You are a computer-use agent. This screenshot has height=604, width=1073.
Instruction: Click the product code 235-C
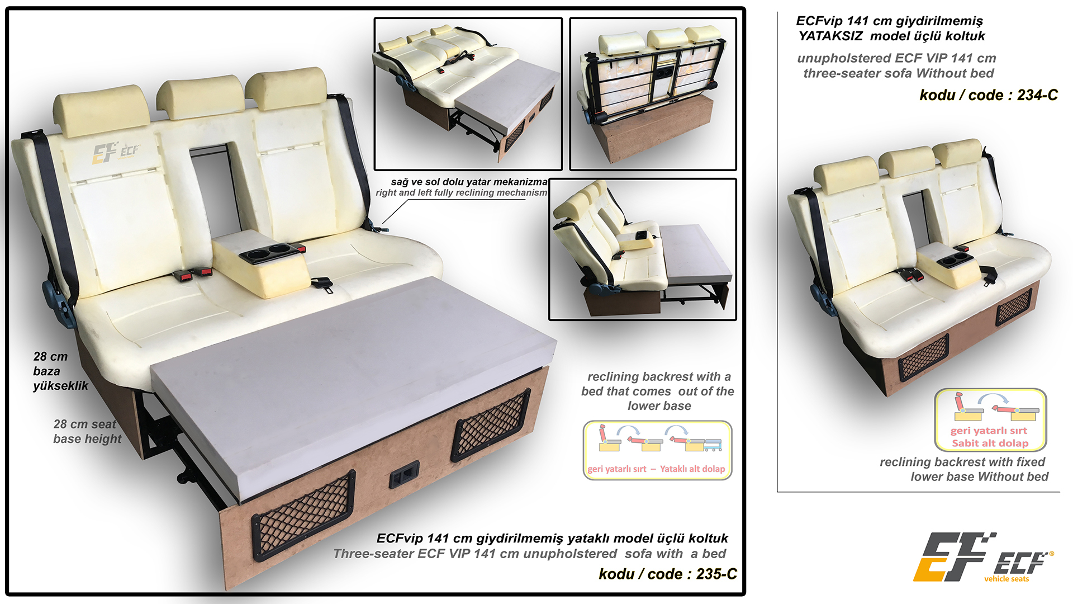click(716, 574)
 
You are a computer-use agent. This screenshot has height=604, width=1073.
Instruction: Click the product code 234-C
click(1037, 95)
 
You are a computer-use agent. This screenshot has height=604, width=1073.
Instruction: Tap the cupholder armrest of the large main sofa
click(261, 263)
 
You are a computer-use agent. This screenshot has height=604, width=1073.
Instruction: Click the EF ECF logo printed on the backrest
click(116, 153)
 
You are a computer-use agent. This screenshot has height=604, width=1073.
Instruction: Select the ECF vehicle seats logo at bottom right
click(984, 558)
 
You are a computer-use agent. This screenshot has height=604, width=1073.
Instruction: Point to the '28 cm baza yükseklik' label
click(60, 371)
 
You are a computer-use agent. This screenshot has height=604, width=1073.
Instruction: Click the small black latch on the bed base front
click(404, 475)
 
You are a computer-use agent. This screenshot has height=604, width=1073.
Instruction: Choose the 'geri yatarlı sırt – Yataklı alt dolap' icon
click(657, 450)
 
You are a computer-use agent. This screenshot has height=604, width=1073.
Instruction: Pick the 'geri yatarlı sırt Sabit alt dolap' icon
click(990, 419)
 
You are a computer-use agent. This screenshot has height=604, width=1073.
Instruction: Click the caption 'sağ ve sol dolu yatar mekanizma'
click(469, 182)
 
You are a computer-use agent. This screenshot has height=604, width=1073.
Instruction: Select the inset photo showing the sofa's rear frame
click(653, 94)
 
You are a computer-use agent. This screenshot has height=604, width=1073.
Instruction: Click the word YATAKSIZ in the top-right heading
click(830, 36)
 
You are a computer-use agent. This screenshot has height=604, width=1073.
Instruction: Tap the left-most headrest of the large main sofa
click(101, 111)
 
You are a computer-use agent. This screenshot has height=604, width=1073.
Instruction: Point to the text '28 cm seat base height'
click(87, 431)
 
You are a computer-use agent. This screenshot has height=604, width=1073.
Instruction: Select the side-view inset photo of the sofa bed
click(643, 249)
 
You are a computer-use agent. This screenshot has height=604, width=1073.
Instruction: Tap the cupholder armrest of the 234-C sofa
click(947, 266)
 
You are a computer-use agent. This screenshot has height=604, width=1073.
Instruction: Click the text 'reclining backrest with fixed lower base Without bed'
click(963, 469)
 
